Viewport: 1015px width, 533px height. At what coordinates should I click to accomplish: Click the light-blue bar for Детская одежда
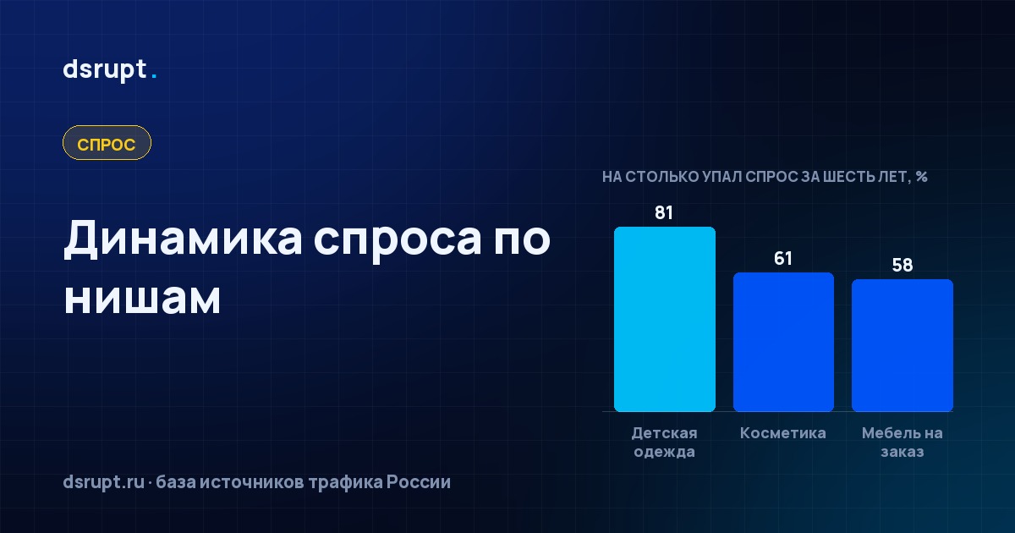point(665,319)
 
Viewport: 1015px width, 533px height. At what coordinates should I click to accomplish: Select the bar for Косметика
point(783,342)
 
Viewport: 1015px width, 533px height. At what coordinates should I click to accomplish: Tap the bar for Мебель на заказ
point(903,345)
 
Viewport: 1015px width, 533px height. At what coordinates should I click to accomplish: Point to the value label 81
point(664,212)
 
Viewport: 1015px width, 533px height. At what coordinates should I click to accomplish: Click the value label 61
point(783,258)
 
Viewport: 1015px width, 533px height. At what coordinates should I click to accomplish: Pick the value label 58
point(903,265)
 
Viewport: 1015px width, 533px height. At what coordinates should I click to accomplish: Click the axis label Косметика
point(783,433)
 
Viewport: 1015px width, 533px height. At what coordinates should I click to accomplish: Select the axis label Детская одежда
point(664,442)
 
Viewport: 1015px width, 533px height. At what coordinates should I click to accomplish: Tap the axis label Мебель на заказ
point(903,442)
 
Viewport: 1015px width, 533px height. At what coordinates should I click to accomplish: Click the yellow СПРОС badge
point(107,143)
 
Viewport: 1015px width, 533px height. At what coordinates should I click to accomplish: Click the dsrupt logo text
point(105,70)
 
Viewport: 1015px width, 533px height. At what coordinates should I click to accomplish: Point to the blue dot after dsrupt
point(154,77)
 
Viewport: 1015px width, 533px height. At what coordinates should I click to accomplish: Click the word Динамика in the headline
point(183,239)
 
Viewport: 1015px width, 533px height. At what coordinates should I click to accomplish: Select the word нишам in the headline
point(142,299)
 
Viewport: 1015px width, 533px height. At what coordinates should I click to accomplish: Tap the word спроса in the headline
point(398,241)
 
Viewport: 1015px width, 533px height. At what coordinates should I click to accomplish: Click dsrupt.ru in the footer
point(104,482)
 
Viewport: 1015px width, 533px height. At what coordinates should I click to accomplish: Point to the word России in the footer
point(418,482)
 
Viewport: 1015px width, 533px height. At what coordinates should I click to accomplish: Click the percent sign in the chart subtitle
point(921,176)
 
